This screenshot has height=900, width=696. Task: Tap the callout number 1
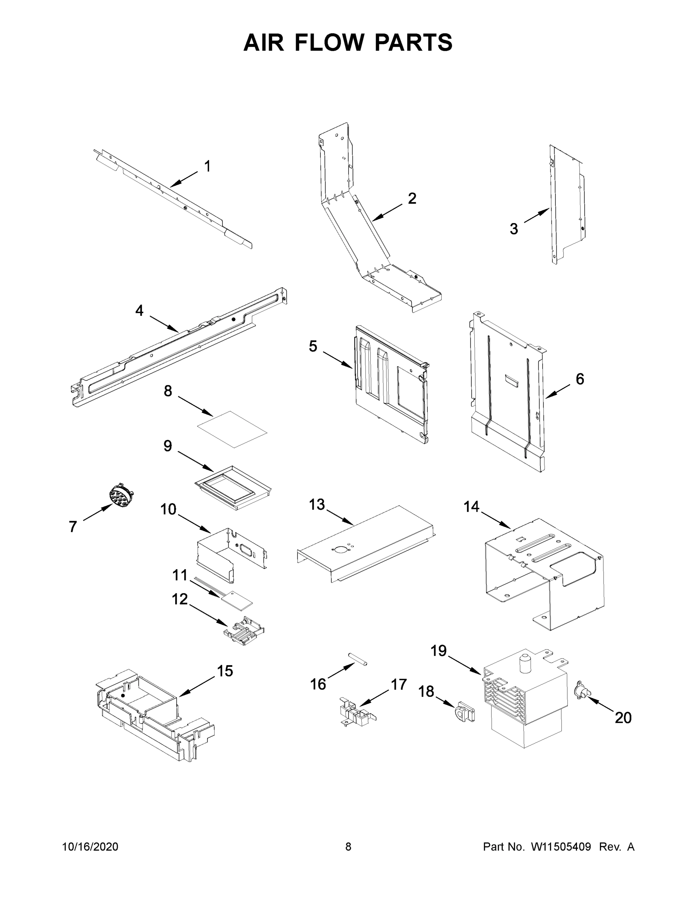[207, 166]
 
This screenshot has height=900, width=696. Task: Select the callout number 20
[623, 717]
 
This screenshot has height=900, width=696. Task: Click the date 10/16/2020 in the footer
[90, 847]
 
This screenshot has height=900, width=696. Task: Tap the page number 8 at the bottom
[348, 847]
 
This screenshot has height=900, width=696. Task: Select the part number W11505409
[561, 847]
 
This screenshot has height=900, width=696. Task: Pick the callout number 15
[225, 671]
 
